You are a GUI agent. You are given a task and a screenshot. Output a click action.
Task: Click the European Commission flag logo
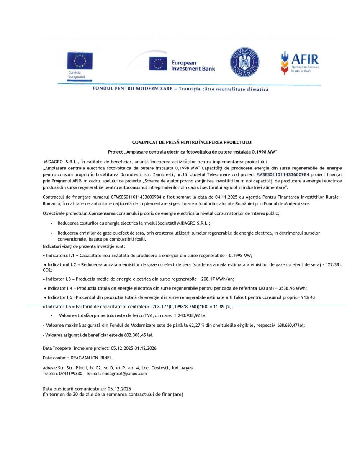(79, 61)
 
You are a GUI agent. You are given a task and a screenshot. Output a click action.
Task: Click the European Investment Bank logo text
(193, 65)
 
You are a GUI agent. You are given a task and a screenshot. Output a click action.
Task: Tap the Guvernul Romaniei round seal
(244, 62)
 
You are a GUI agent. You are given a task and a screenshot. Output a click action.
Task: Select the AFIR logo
(300, 62)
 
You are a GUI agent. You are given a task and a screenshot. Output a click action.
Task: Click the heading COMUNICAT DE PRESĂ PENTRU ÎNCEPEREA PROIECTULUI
(192, 143)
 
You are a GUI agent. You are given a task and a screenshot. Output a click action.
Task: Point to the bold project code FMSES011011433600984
(283, 174)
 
